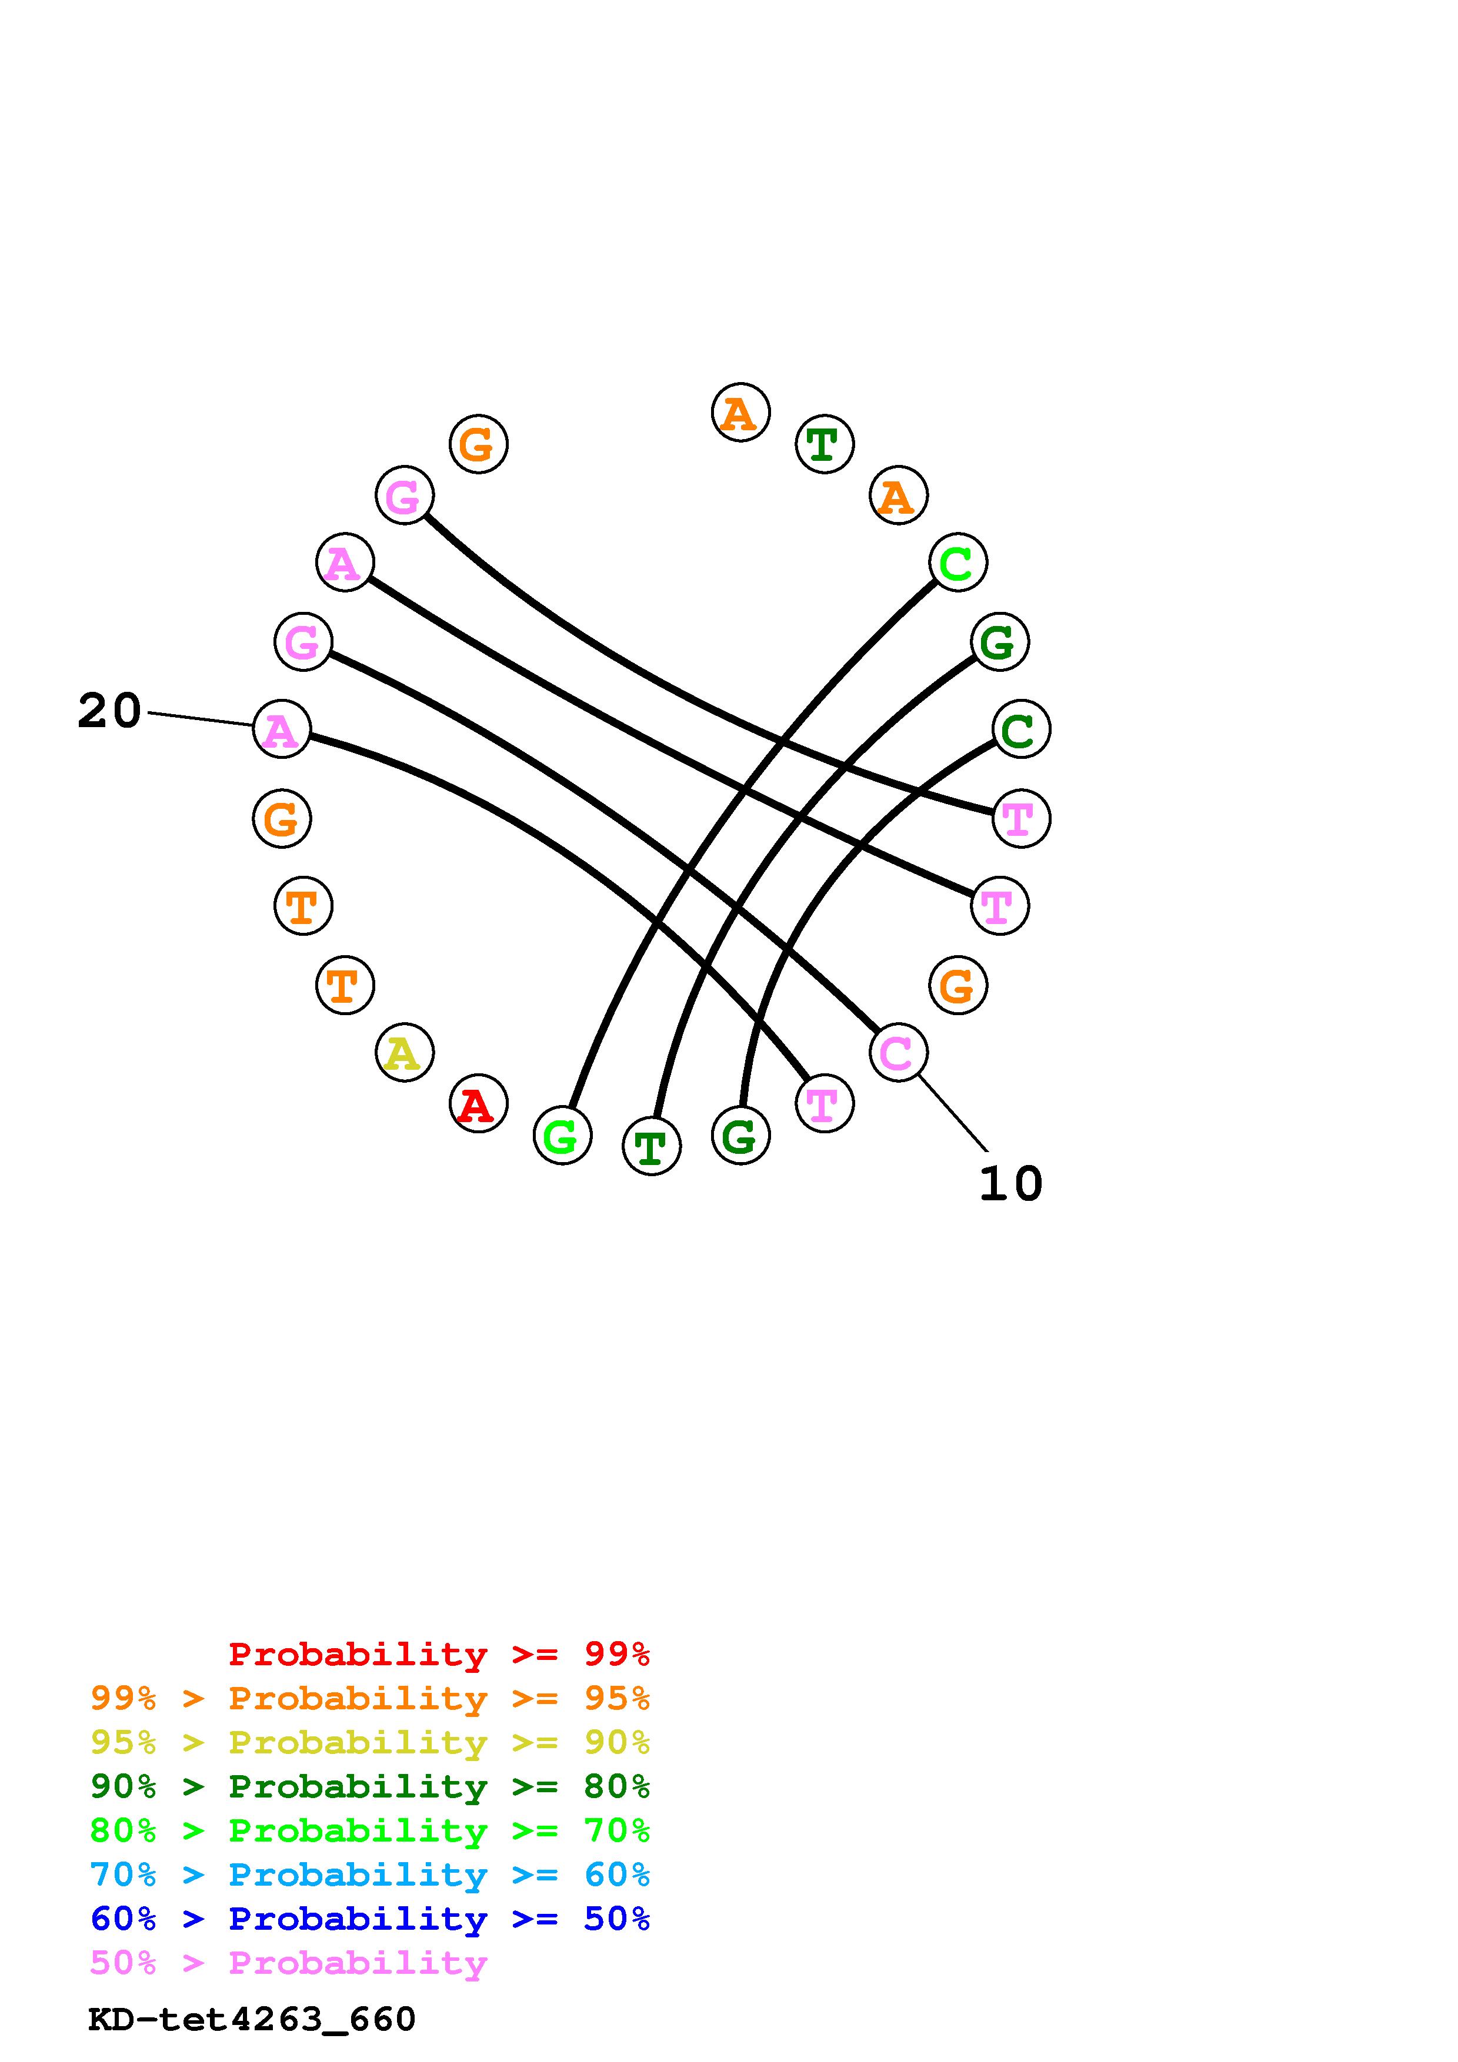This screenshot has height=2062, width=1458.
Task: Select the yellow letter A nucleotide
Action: click(404, 1053)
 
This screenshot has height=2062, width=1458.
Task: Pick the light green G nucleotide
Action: click(562, 1136)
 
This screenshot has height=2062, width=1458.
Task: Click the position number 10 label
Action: click(1010, 1184)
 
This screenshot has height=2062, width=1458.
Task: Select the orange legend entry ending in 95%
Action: click(370, 1698)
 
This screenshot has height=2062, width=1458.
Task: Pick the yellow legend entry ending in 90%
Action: click(370, 1742)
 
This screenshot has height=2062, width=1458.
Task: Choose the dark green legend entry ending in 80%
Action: click(370, 1786)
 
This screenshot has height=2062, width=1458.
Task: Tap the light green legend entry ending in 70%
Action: click(370, 1830)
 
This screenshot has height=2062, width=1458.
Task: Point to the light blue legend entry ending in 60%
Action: click(370, 1874)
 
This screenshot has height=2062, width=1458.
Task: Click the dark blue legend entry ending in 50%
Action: click(370, 1919)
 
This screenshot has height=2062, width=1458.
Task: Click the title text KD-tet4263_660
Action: click(252, 2019)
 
